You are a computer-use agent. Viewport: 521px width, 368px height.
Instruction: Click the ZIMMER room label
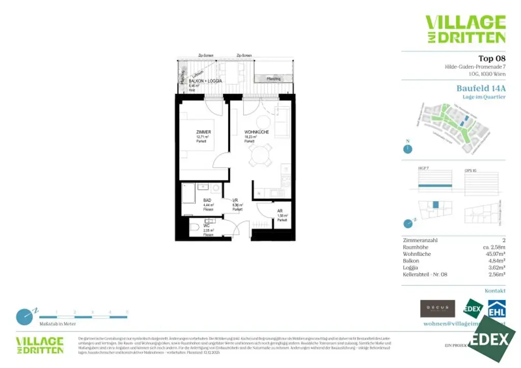coord(204,132)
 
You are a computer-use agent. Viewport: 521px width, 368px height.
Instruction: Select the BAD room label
coord(207,200)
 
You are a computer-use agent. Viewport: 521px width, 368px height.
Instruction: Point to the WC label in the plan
coord(207,225)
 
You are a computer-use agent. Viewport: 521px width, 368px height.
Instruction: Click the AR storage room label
coord(280,211)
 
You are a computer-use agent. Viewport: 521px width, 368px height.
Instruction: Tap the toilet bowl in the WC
coord(195,228)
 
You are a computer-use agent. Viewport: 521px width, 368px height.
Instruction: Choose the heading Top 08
coord(491,58)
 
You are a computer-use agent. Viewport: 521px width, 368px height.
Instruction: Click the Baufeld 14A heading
coord(481,88)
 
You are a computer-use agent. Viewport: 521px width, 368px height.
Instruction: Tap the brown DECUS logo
coord(437,308)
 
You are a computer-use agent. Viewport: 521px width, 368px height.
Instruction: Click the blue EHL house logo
coord(497,309)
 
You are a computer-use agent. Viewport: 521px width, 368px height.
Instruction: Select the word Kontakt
coord(495,291)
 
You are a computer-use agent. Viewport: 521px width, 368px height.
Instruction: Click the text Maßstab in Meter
coord(57,324)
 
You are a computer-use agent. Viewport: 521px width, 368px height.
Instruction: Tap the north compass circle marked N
coord(407,148)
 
